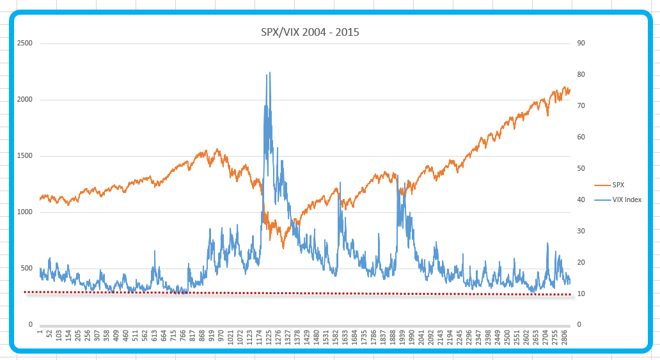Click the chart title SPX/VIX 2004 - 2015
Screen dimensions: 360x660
coord(310,31)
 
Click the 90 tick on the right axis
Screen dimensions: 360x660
coord(581,43)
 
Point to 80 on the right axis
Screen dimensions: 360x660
coord(581,75)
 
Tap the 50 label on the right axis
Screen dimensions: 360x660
coord(581,169)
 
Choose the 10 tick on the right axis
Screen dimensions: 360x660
coord(581,294)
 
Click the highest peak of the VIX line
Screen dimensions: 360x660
coord(269,72)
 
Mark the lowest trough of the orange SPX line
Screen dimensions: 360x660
coord(283,247)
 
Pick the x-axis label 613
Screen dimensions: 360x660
coord(154,336)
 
